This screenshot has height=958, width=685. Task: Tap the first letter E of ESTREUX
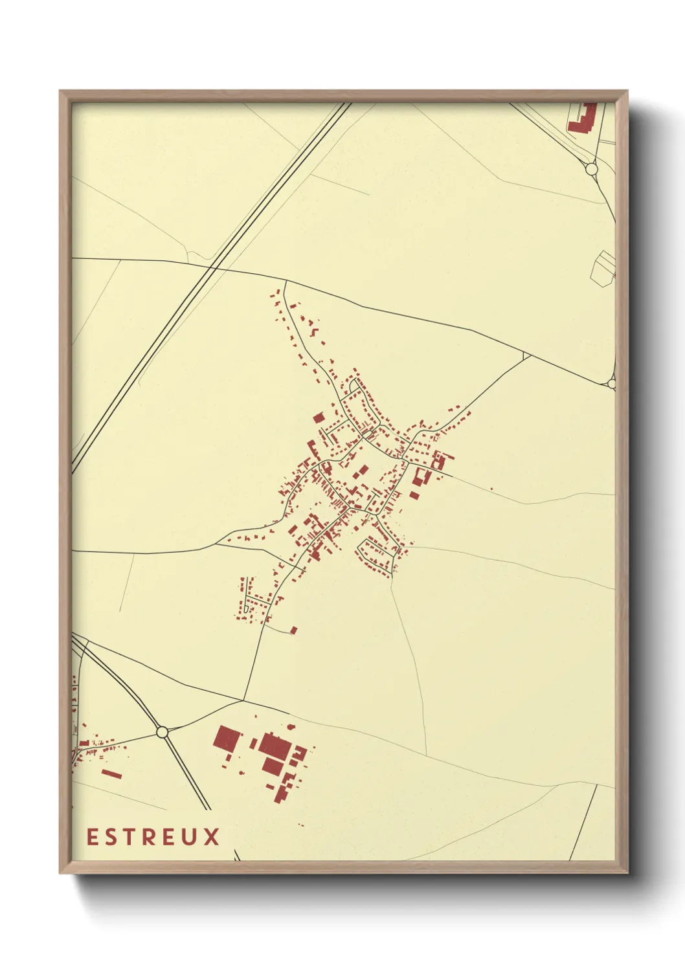click(92, 837)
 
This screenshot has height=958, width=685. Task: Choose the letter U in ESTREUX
click(191, 837)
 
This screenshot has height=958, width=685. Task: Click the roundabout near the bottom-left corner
click(162, 732)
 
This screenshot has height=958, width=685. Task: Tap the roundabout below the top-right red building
click(591, 169)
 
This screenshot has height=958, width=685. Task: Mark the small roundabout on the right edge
click(612, 384)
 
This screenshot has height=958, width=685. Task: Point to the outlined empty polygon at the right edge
click(603, 267)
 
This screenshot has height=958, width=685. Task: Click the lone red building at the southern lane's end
click(293, 629)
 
